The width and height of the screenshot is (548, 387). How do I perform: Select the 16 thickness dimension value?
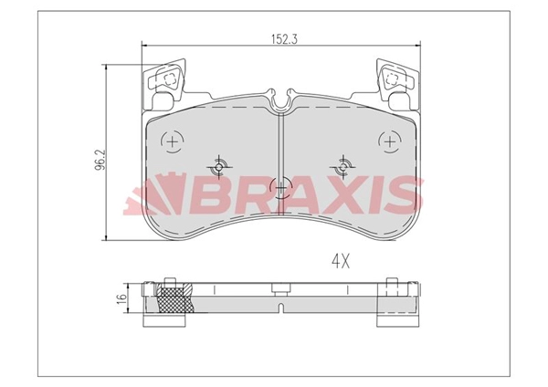pyautogui.click(x=120, y=299)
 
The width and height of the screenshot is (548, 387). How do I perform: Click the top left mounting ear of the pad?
pyautogui.click(x=164, y=81)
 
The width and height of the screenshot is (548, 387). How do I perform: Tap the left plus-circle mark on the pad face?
pyautogui.click(x=172, y=141)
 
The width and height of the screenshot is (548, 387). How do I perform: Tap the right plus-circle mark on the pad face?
pyautogui.click(x=390, y=141)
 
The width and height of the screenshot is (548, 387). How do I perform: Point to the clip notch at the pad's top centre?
pyautogui.click(x=281, y=99)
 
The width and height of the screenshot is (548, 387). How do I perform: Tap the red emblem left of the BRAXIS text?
pyautogui.click(x=152, y=194)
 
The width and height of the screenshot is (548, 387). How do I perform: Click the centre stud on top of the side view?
pyautogui.click(x=281, y=286)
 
